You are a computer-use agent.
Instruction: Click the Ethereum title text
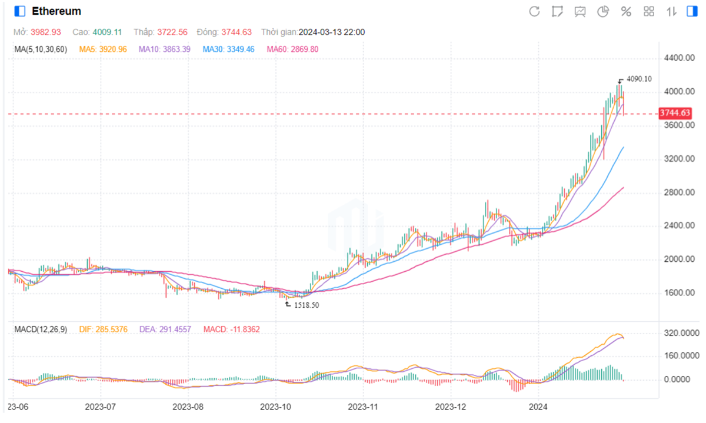[56, 11]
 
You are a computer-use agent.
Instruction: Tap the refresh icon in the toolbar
[534, 11]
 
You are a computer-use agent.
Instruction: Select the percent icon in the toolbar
[626, 11]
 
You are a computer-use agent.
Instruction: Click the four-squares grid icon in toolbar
[649, 11]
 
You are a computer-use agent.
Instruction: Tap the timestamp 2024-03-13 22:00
[332, 32]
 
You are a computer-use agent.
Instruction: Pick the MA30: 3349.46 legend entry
[228, 49]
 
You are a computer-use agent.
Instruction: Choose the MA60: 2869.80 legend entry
[292, 49]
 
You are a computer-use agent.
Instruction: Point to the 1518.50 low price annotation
[306, 305]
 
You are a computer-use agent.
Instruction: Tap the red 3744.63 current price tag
[675, 113]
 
